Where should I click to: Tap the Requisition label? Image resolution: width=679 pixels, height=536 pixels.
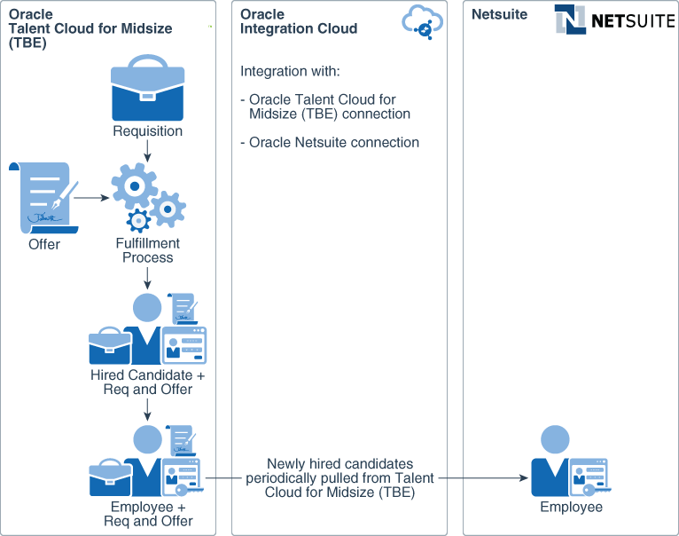click(147, 131)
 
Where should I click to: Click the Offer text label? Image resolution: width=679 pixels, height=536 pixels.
click(44, 244)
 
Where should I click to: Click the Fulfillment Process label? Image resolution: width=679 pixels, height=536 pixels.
click(148, 250)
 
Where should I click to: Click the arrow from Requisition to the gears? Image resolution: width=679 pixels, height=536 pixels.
click(147, 153)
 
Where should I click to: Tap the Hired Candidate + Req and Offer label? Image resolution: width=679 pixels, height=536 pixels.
click(147, 382)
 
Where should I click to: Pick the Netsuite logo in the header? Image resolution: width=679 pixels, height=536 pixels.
click(613, 19)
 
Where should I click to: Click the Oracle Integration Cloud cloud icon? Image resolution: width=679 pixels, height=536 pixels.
click(423, 21)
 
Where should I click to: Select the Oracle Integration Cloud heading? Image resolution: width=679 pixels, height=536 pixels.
click(299, 21)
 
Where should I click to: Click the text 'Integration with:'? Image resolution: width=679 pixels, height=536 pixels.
click(290, 71)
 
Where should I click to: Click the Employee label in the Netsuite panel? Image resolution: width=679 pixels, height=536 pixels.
click(571, 508)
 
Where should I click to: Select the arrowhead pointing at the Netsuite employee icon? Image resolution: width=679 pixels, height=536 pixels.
click(523, 477)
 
